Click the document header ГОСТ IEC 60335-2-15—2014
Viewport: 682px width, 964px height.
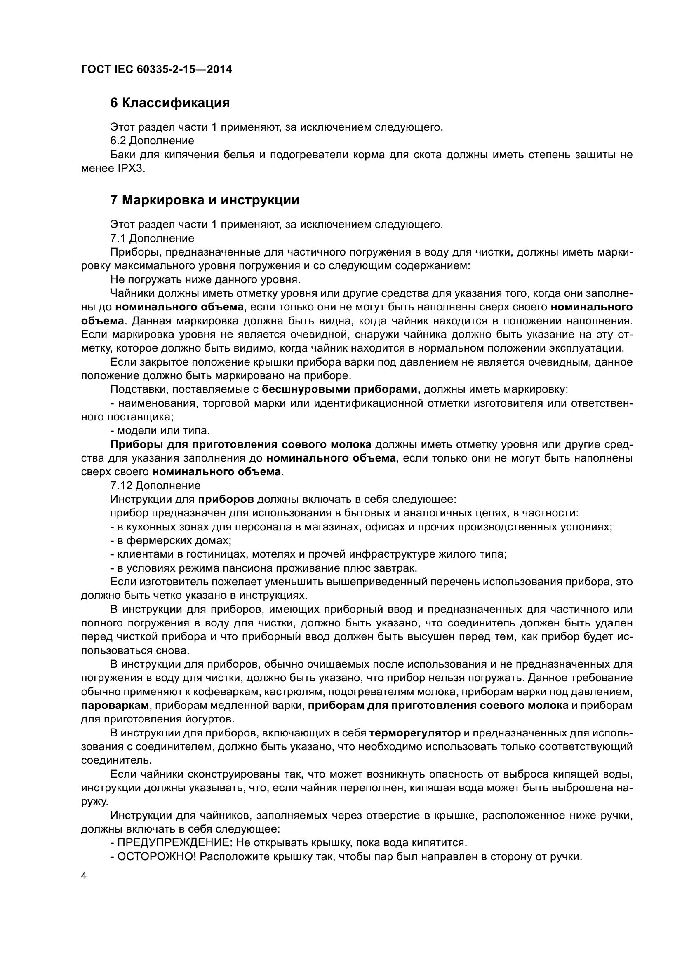pyautogui.click(x=157, y=69)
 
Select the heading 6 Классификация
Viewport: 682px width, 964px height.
pyautogui.click(x=170, y=103)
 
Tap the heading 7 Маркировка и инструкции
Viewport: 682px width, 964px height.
pyautogui.click(x=205, y=200)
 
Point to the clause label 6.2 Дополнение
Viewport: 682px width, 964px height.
pyautogui.click(x=152, y=141)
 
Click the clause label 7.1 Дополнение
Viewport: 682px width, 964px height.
pyautogui.click(x=152, y=239)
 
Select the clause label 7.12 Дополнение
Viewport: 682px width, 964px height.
pyautogui.click(x=155, y=486)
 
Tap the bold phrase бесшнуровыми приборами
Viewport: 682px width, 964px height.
pyautogui.click(x=341, y=389)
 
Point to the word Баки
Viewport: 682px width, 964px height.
pyautogui.click(x=122, y=155)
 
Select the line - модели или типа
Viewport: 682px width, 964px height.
pyautogui.click(x=160, y=431)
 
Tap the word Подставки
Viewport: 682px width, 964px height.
pyautogui.click(x=136, y=389)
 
